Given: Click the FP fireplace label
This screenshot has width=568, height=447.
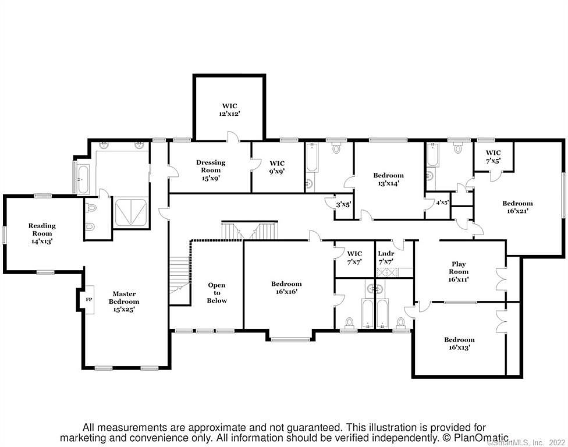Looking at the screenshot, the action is [x=88, y=300].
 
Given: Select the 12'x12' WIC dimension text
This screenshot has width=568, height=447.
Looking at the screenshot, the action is [x=230, y=113].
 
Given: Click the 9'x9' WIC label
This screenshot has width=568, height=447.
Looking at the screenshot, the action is [x=277, y=167].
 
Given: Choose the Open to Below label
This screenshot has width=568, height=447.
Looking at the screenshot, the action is [x=216, y=293].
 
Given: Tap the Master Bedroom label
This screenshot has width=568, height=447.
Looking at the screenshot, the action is [x=124, y=301].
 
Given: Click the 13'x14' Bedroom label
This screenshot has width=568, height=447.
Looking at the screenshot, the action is [x=388, y=179].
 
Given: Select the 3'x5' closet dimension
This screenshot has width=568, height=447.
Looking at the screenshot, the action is [x=343, y=205].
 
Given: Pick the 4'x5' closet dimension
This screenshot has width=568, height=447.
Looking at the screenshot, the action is [x=442, y=203].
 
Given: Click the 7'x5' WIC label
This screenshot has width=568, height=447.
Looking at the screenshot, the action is [x=493, y=157].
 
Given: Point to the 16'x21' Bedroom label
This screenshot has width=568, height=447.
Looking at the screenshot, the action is [x=517, y=207].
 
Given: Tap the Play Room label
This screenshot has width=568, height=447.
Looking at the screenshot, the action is [x=459, y=272].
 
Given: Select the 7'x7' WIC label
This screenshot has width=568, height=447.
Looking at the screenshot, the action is [x=354, y=258].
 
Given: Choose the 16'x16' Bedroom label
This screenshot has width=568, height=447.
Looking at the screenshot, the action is [x=286, y=288].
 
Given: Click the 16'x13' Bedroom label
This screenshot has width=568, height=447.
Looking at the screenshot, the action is [x=459, y=343].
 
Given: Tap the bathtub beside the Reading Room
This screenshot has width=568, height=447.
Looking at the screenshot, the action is [x=83, y=179].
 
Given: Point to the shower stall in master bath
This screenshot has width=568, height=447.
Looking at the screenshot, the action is [x=131, y=212].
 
